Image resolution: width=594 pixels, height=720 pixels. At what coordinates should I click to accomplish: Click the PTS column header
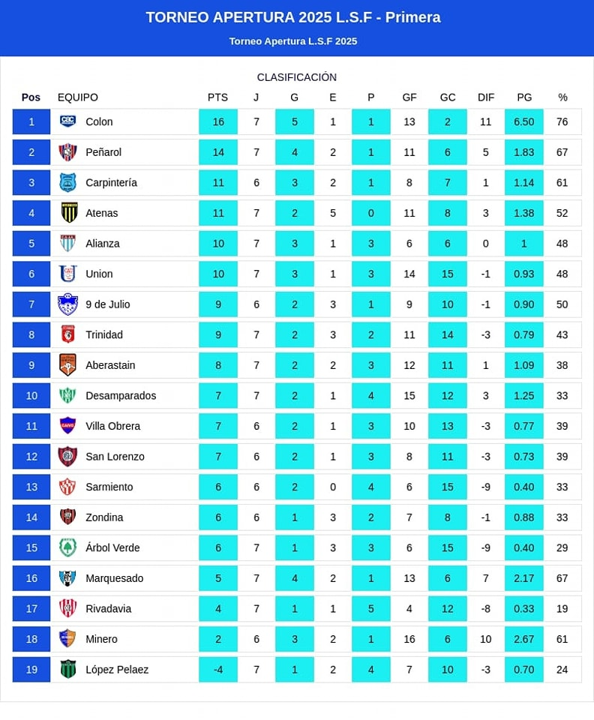pyautogui.click(x=217, y=97)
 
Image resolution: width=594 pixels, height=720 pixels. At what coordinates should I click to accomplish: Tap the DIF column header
pyautogui.click(x=486, y=97)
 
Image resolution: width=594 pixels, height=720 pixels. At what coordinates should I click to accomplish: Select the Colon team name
pyautogui.click(x=99, y=121)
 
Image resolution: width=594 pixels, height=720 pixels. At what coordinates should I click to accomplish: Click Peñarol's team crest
pyautogui.click(x=68, y=152)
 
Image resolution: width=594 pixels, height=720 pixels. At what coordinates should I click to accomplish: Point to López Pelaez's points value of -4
pyautogui.click(x=218, y=670)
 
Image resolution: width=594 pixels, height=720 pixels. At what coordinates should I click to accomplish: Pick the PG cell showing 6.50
pyautogui.click(x=524, y=121)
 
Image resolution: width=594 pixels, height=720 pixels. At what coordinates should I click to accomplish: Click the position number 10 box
pyautogui.click(x=31, y=395)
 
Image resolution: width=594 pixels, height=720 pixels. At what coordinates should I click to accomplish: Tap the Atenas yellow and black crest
pyautogui.click(x=68, y=213)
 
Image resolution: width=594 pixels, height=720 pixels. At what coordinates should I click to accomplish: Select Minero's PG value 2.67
pyautogui.click(x=524, y=639)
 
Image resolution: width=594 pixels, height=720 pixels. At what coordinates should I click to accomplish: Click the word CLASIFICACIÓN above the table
pyautogui.click(x=297, y=77)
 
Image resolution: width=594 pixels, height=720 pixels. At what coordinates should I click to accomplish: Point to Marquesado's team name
pyautogui.click(x=114, y=578)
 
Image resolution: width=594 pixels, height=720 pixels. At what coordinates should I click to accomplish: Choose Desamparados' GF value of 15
pyautogui.click(x=409, y=395)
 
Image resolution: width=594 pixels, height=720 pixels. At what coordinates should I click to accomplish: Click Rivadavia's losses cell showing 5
pyautogui.click(x=371, y=608)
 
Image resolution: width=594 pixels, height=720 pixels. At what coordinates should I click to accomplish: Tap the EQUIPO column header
pyautogui.click(x=78, y=97)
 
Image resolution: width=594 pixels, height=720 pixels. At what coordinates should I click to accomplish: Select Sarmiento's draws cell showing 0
pyautogui.click(x=333, y=487)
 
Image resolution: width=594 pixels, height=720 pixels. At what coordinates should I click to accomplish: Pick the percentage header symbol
pyautogui.click(x=562, y=97)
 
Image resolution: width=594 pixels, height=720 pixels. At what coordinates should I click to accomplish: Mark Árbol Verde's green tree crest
pyautogui.click(x=68, y=547)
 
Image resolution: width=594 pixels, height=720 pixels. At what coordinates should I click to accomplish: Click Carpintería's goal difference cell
pyautogui.click(x=486, y=182)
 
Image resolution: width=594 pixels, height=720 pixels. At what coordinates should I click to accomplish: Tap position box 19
pyautogui.click(x=31, y=670)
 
